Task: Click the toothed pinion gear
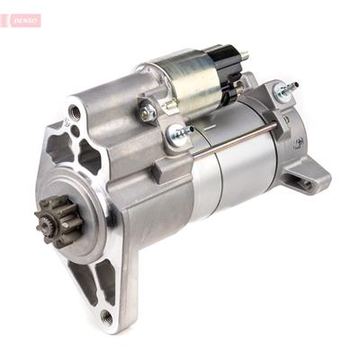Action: click(52, 219)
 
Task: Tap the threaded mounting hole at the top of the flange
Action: click(74, 113)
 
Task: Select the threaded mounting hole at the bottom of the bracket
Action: click(106, 315)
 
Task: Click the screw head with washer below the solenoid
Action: click(179, 135)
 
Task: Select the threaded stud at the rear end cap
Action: click(288, 90)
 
